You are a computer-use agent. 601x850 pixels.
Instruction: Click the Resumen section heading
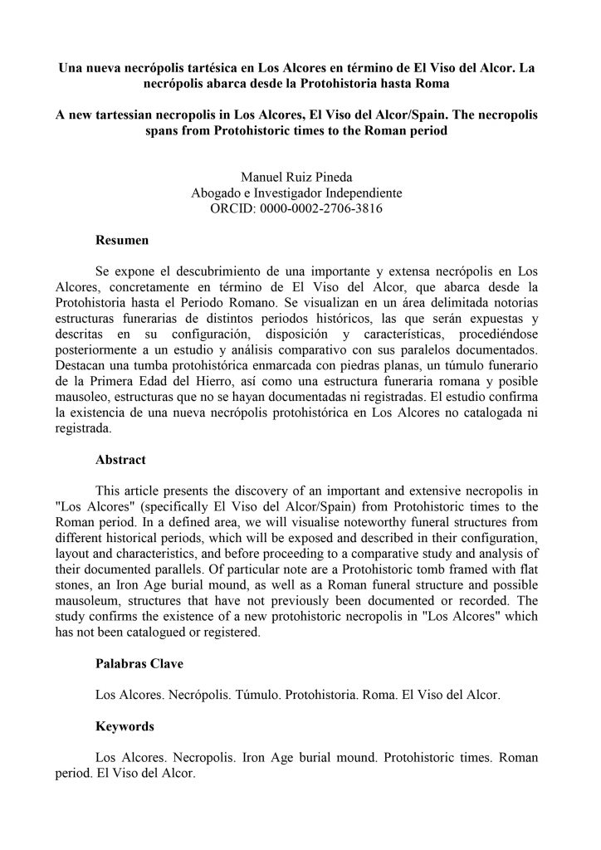[121, 242]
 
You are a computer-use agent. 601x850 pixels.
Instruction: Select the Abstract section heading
[120, 459]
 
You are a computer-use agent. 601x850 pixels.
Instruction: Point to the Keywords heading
[125, 726]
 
